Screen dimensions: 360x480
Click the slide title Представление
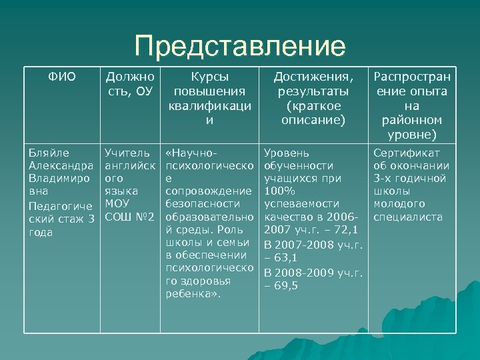240,47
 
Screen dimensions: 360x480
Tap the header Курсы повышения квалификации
210,97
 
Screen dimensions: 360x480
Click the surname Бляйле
46,153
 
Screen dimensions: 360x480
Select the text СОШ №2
131,217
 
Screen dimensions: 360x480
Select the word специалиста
408,217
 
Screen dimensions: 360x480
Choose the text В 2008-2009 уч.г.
313,272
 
